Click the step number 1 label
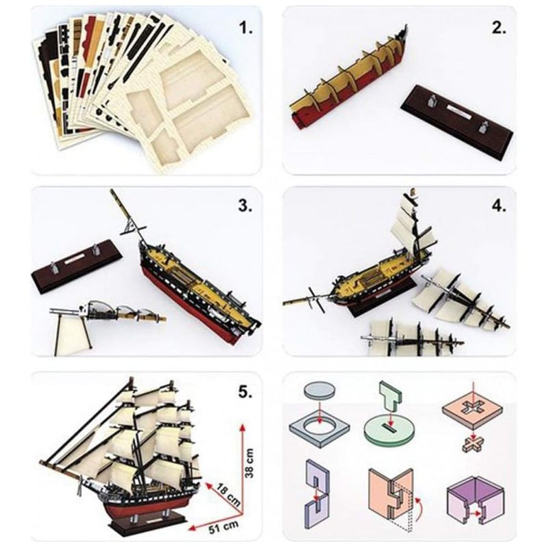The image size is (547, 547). (245, 28)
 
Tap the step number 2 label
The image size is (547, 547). (498, 28)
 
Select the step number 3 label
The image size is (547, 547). (245, 206)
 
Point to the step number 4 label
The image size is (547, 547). (498, 206)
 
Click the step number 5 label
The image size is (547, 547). (245, 392)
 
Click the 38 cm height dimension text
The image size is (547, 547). (250, 464)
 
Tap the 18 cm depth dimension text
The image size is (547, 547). (227, 494)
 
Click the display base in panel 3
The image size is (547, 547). (77, 265)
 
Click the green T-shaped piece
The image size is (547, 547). (390, 397)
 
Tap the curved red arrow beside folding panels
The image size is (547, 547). (421, 510)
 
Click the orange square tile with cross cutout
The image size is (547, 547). (472, 412)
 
